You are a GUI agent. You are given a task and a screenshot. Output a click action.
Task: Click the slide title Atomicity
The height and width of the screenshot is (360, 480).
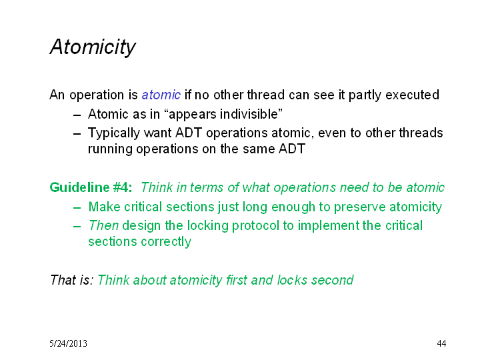coord(93,47)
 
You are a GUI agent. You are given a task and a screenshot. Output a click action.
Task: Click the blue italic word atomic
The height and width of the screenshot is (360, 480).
coord(161,95)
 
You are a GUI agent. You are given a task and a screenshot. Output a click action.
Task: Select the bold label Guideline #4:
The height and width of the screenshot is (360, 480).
coord(91,187)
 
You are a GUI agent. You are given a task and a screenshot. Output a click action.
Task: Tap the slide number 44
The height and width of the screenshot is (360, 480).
coord(441,343)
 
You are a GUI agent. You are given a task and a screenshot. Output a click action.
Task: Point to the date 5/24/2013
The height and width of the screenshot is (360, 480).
coord(68,343)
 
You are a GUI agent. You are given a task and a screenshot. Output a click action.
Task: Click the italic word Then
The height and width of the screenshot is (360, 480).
coord(103,225)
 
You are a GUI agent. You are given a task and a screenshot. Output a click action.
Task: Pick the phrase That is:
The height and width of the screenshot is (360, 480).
coord(71,280)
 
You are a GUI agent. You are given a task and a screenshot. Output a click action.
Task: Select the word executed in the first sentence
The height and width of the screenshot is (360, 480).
coord(413,95)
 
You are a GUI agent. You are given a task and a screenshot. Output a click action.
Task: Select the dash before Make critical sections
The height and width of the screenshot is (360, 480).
coord(77,208)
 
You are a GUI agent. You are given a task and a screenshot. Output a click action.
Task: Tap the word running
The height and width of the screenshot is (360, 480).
coord(110,150)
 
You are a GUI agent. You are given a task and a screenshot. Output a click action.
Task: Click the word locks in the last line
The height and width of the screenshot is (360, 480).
coord(292,280)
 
